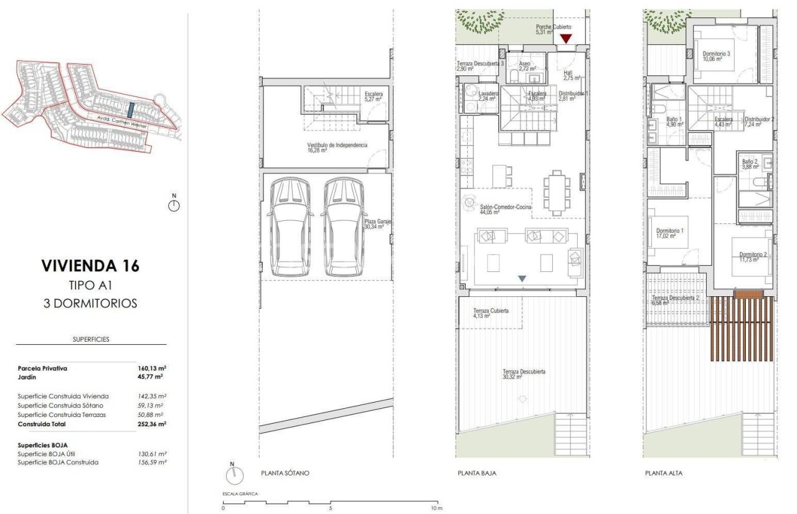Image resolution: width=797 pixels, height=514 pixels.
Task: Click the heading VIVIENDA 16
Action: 90,266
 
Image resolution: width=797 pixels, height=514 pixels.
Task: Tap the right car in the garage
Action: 343,227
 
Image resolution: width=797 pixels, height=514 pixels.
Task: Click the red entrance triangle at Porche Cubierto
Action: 565,39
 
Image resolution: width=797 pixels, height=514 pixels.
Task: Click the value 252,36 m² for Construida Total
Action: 152,424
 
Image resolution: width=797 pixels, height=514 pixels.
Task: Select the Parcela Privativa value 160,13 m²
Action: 152,368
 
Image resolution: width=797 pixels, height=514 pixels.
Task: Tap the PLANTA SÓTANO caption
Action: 285,474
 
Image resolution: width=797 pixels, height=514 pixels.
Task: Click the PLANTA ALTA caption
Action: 664,474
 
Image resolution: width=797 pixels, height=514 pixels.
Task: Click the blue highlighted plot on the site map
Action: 130,110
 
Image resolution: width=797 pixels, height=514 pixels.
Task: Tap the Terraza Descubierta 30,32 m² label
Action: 524,374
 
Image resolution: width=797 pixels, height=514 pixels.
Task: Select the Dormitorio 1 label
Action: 669,233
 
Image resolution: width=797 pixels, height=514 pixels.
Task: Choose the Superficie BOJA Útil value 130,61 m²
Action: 152,454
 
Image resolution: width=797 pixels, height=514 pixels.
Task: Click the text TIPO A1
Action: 90,285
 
